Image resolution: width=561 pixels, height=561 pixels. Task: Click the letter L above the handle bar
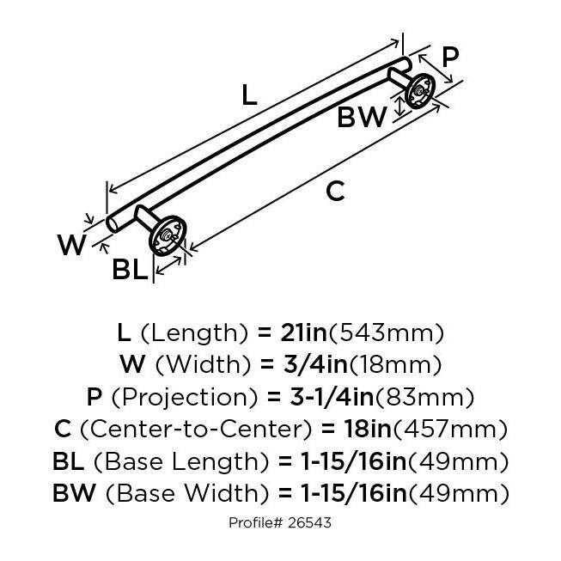point(249,95)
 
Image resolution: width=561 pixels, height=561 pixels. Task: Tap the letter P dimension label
point(449,58)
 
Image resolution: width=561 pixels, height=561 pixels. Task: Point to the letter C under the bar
point(336,192)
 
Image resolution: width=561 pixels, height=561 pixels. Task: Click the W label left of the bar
point(72,246)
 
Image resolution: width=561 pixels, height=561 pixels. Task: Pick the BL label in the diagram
point(130,271)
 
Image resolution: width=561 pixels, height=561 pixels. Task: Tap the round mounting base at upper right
point(421,89)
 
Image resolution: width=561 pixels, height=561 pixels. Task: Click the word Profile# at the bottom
point(257,522)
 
